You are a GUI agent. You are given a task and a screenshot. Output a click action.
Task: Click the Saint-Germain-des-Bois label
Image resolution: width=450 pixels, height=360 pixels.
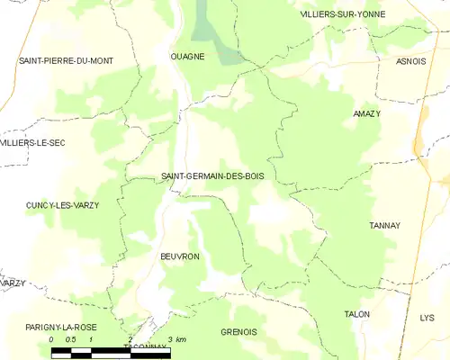(212, 176)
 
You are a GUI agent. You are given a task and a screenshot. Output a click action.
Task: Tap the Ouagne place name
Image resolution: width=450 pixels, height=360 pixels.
(188, 56)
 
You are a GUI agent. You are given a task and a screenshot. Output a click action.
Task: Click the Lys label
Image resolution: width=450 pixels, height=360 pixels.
(427, 318)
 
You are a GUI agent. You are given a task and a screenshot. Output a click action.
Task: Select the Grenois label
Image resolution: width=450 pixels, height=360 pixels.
(238, 332)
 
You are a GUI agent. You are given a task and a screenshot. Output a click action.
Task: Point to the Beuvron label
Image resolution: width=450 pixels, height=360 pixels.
(179, 256)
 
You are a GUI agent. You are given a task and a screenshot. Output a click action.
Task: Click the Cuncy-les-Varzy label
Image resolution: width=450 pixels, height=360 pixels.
(62, 205)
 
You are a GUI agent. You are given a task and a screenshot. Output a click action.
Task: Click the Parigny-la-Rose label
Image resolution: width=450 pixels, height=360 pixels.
(60, 326)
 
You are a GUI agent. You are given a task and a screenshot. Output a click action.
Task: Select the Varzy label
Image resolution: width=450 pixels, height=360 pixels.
(13, 283)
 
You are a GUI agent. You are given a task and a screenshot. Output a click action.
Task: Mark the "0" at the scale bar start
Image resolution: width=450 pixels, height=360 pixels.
(51, 339)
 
